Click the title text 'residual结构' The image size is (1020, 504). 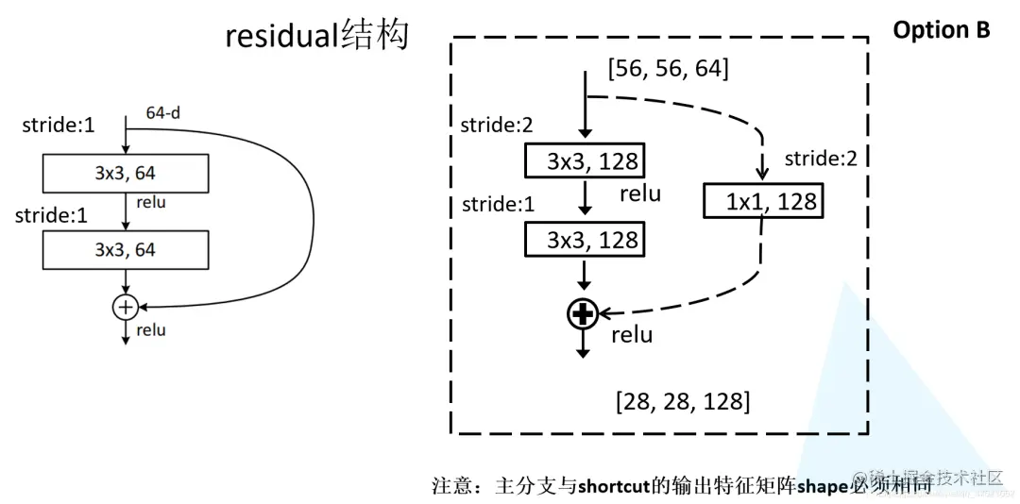tap(316, 35)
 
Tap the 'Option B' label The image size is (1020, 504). tap(941, 30)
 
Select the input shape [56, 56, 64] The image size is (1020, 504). tap(669, 69)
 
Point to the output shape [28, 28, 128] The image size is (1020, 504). tap(682, 401)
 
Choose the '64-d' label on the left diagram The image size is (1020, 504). tap(163, 112)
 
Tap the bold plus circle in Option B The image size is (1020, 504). tap(583, 314)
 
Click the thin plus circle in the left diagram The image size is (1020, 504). tap(125, 306)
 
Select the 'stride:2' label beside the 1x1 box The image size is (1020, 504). tap(820, 158)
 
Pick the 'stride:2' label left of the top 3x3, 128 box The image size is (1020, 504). tap(496, 125)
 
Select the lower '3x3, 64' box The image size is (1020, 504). tap(125, 250)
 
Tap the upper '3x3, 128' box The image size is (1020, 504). tap(583, 160)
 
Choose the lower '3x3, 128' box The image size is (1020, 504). tap(583, 240)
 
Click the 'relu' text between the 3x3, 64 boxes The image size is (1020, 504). tap(151, 202)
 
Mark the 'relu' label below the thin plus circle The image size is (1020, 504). tap(151, 329)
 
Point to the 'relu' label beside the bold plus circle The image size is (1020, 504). tap(631, 334)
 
